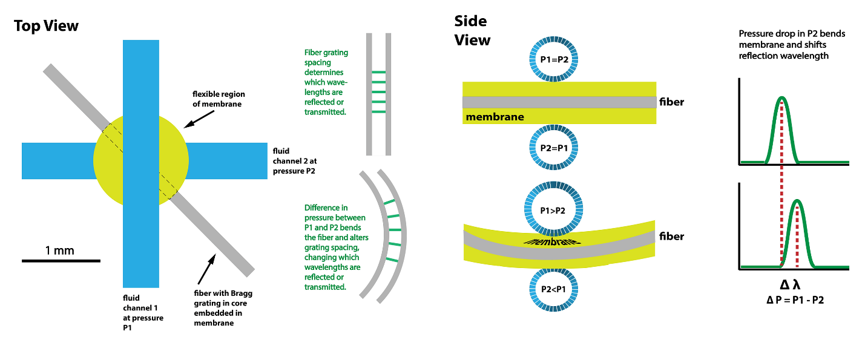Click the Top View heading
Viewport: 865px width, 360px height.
coord(46,26)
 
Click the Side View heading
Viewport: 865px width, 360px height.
coord(472,31)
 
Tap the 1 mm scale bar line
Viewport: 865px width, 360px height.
coord(61,261)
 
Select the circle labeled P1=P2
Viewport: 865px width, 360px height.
coord(554,59)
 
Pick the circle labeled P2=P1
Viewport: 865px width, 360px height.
coord(554,148)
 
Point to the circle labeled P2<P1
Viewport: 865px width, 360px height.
coord(554,289)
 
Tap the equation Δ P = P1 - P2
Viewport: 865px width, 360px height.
coord(794,300)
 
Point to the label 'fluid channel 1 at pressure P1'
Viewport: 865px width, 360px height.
coord(143,312)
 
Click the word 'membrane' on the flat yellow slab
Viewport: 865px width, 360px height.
coord(495,116)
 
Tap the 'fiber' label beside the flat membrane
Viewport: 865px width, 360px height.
coord(672,102)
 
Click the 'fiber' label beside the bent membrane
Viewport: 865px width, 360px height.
coord(672,237)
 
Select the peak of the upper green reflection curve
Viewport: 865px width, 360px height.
coord(781,98)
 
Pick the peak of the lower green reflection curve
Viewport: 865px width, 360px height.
coord(797,201)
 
